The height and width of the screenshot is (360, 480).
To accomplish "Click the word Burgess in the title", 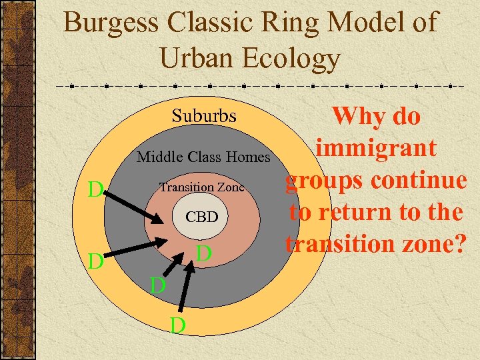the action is (x=111, y=23).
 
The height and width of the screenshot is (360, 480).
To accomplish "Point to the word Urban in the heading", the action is (x=197, y=59).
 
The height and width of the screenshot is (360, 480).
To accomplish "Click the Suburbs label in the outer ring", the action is (x=204, y=115).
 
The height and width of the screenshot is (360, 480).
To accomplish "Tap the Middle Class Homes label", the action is (x=204, y=157).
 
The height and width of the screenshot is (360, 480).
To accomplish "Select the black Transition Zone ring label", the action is (x=201, y=187).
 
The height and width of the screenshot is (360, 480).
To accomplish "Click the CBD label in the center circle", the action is (x=201, y=217).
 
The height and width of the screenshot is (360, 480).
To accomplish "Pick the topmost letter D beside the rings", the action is (x=96, y=190).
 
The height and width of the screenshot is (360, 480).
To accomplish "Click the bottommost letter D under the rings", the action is (x=177, y=325).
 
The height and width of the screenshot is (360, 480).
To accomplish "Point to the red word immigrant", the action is (x=377, y=148).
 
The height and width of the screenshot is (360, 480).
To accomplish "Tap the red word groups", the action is (x=325, y=181).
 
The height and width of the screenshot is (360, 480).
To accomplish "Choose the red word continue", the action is (x=418, y=180).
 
